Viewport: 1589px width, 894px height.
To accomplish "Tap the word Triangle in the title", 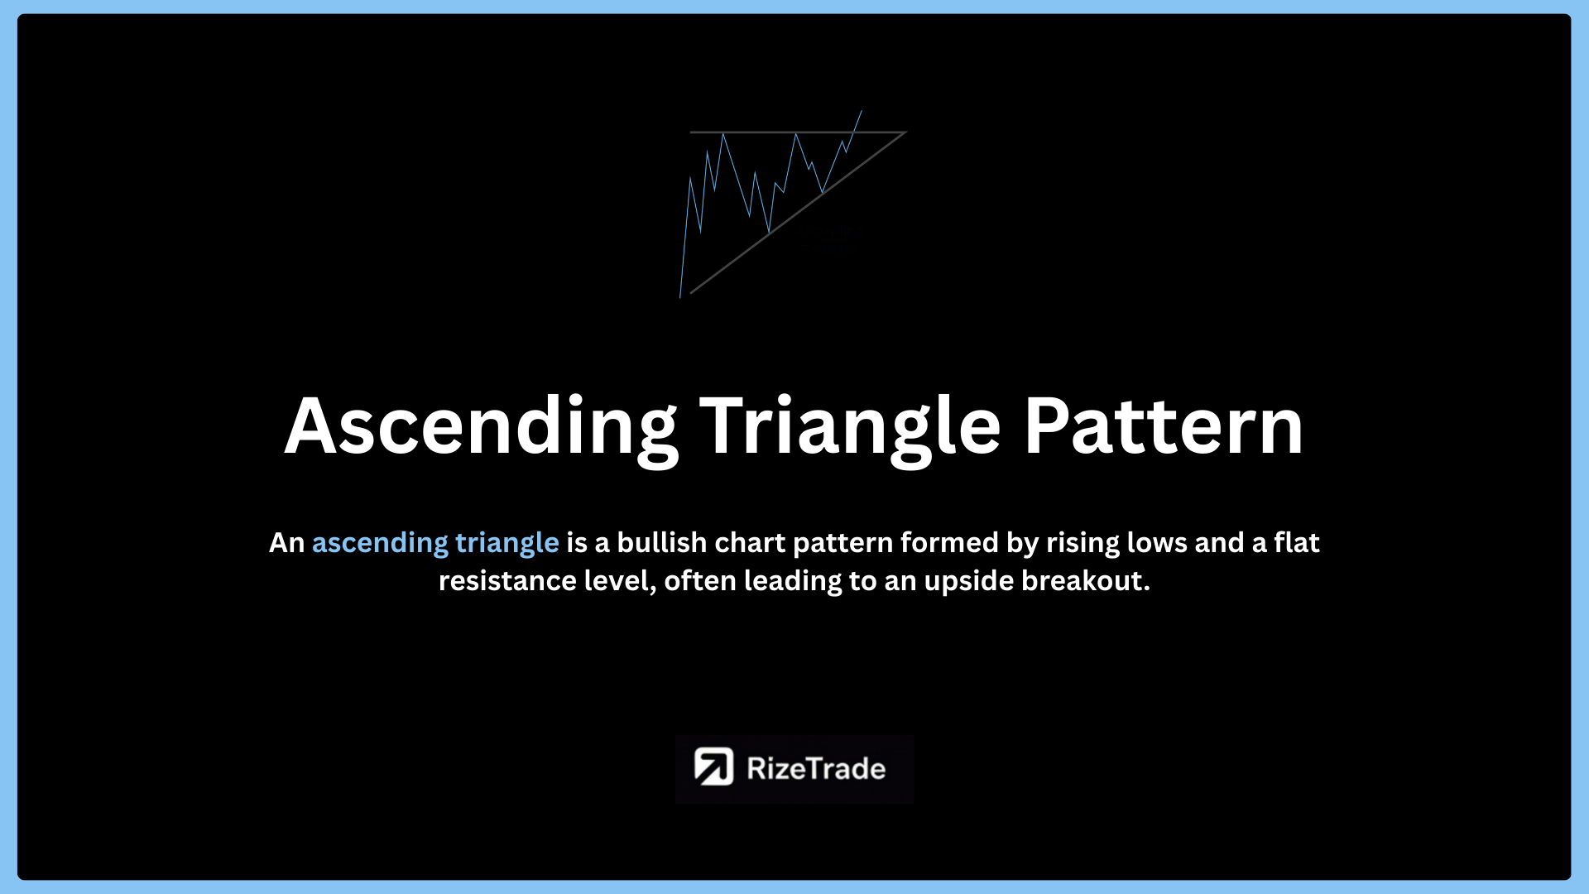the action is click(851, 427).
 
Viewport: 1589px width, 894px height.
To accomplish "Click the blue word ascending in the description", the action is click(380, 544).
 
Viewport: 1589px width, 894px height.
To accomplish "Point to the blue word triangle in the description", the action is click(507, 544).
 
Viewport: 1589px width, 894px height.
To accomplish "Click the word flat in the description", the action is click(1297, 542).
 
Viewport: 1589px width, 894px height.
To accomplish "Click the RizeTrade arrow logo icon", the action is click(713, 767).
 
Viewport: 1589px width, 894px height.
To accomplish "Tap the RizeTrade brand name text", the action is click(816, 768).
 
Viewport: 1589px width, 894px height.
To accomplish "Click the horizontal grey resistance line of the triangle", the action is click(799, 132).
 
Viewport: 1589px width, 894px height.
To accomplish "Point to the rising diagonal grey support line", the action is click(798, 213).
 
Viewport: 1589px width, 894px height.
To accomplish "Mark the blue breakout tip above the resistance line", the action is click(862, 110).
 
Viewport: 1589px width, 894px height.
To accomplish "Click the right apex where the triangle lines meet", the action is click(906, 132).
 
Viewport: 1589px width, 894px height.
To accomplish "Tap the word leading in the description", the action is click(790, 582).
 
